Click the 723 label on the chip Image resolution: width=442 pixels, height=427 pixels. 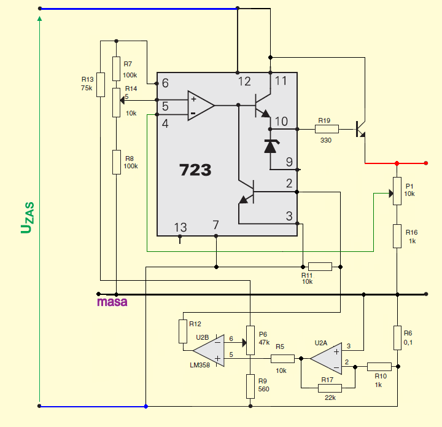(x=195, y=170)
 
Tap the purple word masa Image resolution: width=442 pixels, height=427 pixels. (x=112, y=302)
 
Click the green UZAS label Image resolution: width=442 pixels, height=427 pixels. (x=28, y=217)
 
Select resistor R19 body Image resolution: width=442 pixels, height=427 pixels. (x=327, y=129)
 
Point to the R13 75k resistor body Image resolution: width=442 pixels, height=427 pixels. (x=101, y=85)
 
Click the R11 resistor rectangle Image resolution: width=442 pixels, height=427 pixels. (x=320, y=267)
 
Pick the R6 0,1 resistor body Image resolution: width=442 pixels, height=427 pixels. (x=397, y=338)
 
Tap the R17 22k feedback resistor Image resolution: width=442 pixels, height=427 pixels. (x=330, y=388)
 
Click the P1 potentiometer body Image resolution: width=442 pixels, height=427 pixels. (x=397, y=191)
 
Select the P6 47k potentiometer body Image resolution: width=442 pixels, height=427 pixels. (x=250, y=340)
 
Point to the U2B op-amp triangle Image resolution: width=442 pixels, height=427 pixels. (x=209, y=351)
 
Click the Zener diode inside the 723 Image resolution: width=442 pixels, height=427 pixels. (x=270, y=146)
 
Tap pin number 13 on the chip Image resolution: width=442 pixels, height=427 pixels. (x=180, y=227)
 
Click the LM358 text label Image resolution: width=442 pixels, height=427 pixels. (x=200, y=365)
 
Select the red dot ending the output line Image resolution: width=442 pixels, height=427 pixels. (x=426, y=163)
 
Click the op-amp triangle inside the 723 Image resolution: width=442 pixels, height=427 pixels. (x=201, y=106)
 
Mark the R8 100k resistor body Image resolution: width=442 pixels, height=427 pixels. (x=117, y=162)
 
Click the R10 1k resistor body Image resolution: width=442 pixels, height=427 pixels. (x=379, y=367)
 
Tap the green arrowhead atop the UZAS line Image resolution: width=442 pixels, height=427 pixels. (x=40, y=18)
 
